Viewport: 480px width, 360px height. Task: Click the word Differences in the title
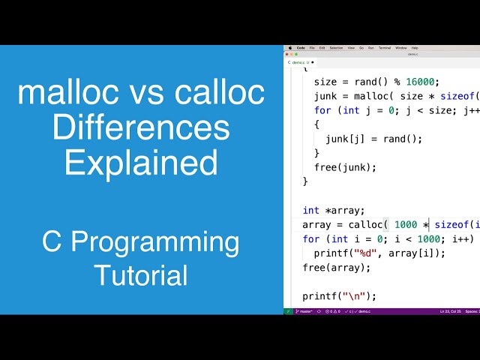(141, 127)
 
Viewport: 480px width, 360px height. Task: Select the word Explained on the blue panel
(141, 163)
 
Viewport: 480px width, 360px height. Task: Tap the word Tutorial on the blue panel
(141, 275)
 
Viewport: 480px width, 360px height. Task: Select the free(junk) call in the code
(345, 166)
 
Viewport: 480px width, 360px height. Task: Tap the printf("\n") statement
(340, 295)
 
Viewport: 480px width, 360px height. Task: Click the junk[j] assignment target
(342, 139)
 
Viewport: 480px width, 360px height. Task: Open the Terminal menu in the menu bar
(384, 47)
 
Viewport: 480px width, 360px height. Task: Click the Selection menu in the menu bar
(336, 47)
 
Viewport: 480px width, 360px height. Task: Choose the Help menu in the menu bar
(415, 47)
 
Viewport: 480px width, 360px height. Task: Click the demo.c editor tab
(298, 61)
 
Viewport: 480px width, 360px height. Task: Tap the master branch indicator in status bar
(304, 310)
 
